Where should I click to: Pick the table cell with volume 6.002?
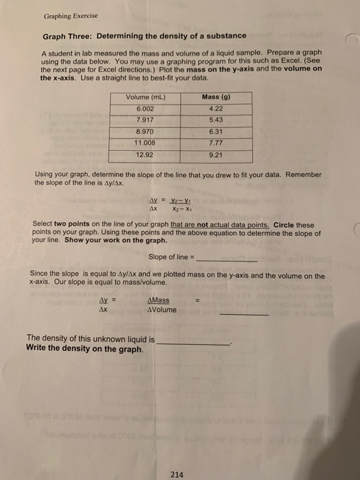144,108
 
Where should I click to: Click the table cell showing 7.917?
144,119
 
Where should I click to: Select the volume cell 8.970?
144,130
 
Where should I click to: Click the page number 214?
178,472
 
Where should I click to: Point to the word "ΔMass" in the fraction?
158,300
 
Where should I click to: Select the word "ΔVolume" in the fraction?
162,309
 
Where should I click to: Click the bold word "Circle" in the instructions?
284,224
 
